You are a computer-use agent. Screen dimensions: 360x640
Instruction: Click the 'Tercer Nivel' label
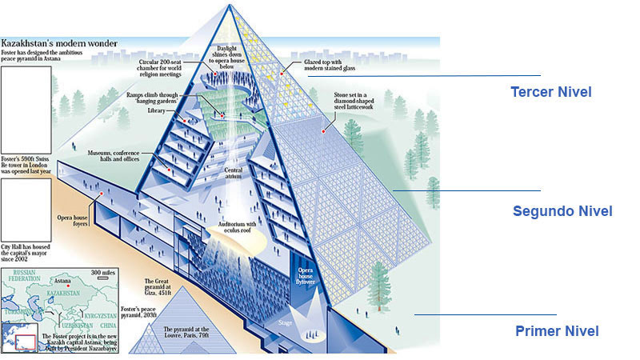(x=550, y=92)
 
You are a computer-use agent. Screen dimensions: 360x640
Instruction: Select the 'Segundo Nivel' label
(x=562, y=211)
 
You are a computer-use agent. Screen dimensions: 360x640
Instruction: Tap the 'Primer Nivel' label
(x=557, y=330)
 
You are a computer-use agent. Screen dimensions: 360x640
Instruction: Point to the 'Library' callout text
(x=158, y=112)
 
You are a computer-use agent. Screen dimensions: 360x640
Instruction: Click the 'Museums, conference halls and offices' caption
(x=118, y=154)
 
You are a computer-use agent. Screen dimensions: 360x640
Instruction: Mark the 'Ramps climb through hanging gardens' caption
(x=174, y=97)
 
